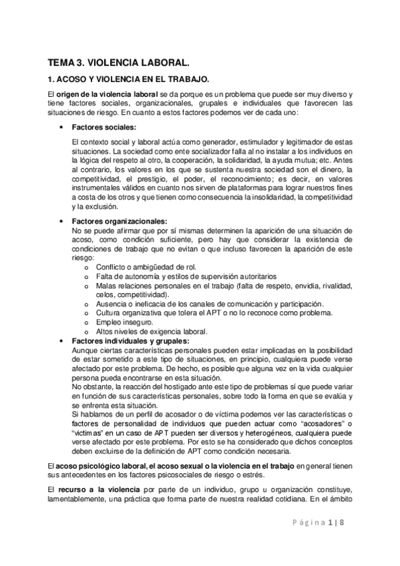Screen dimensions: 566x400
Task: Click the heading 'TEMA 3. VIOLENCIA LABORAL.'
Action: [x=119, y=63]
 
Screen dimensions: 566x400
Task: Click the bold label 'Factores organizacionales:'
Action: [x=120, y=222]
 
